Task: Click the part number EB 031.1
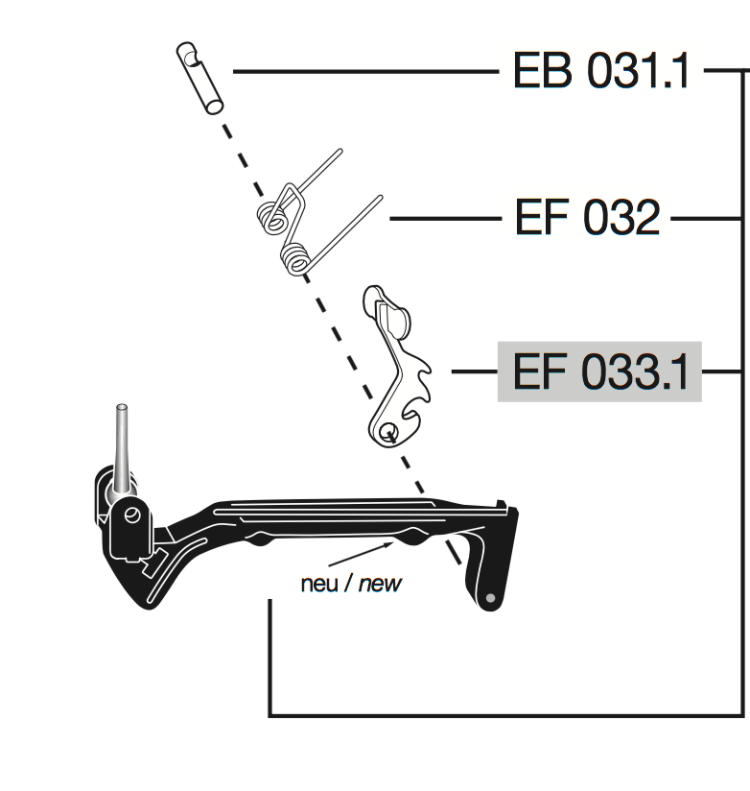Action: pyautogui.click(x=601, y=71)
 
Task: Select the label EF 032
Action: pyautogui.click(x=587, y=219)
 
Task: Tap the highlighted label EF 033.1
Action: pyautogui.click(x=599, y=372)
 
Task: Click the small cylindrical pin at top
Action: pyautogui.click(x=199, y=77)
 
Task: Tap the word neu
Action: pyautogui.click(x=318, y=583)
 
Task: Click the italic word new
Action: pyautogui.click(x=380, y=583)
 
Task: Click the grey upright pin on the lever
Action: pyautogui.click(x=122, y=446)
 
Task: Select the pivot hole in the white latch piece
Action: pyautogui.click(x=388, y=431)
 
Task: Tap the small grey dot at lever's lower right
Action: pyautogui.click(x=491, y=598)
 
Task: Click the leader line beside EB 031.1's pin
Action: pyautogui.click(x=364, y=71)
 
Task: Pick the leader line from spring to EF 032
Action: pyautogui.click(x=445, y=219)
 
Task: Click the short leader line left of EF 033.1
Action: pyautogui.click(x=473, y=372)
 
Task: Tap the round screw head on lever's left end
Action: pyautogui.click(x=131, y=515)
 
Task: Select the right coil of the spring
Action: pyautogui.click(x=297, y=257)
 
